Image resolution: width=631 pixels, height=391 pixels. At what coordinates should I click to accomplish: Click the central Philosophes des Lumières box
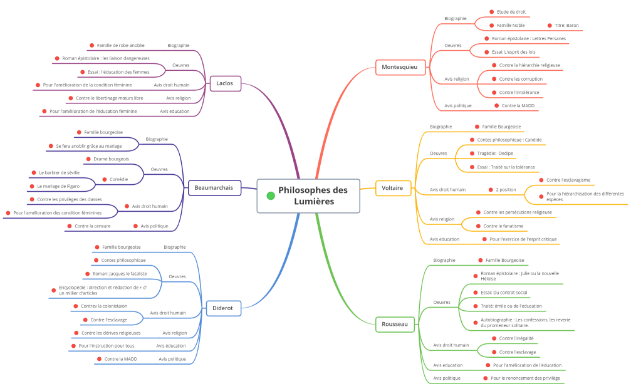tap(308, 196)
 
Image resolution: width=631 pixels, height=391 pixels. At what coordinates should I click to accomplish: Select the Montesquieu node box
tap(400, 67)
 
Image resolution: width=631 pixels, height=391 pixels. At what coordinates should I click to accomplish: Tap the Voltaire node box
tap(393, 188)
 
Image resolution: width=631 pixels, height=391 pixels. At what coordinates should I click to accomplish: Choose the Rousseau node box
tap(395, 324)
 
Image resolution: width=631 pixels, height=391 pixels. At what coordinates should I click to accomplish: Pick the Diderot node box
tap(223, 308)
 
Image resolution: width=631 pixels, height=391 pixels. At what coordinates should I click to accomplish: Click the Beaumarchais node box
tap(214, 188)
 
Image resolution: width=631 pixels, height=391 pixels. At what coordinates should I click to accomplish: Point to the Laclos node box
tap(225, 83)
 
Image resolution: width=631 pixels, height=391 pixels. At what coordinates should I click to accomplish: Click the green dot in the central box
tap(271, 196)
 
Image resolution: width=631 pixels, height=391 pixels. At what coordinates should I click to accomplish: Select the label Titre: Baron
tap(566, 25)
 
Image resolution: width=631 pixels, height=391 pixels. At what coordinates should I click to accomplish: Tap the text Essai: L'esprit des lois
tap(513, 52)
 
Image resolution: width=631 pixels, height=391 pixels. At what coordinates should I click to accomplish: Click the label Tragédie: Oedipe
tap(495, 154)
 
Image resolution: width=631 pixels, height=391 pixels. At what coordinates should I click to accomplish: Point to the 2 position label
tap(506, 190)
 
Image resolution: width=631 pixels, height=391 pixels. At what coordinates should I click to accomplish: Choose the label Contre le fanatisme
tap(503, 226)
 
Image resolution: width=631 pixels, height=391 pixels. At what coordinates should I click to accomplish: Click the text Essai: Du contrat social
tap(504, 293)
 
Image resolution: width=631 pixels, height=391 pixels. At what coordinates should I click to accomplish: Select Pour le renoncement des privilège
tap(525, 378)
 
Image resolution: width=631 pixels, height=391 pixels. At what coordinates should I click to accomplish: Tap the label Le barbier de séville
tap(59, 173)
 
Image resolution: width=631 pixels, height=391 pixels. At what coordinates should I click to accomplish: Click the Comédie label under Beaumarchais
tap(118, 179)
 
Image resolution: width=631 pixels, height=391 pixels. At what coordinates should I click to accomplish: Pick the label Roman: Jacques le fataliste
tap(120, 274)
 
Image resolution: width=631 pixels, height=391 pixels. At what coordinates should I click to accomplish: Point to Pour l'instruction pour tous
tap(107, 346)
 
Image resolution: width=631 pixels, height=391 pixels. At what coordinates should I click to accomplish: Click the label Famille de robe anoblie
tap(121, 46)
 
